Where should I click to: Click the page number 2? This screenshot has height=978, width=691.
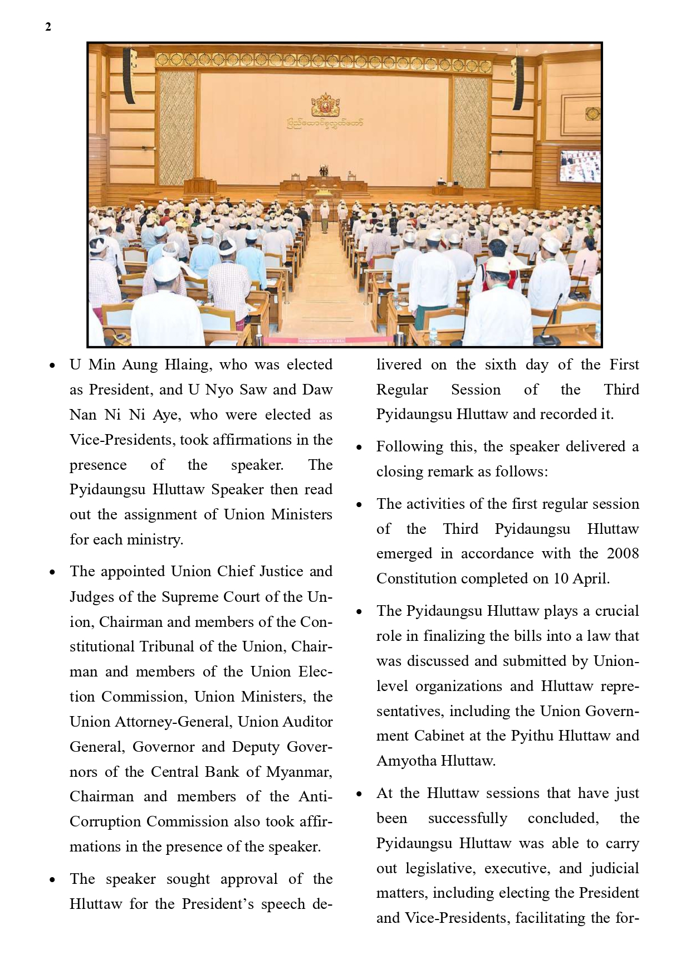coord(48,27)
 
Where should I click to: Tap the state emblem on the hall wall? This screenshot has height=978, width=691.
coord(325,105)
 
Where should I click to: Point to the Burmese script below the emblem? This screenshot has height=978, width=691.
coord(325,123)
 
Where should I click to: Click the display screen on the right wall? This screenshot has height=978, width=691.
coord(580,166)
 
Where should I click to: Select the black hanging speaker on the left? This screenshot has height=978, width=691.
coord(129,76)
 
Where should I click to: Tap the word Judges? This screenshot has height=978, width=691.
coord(92,597)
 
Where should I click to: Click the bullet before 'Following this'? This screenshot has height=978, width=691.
coord(359,447)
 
